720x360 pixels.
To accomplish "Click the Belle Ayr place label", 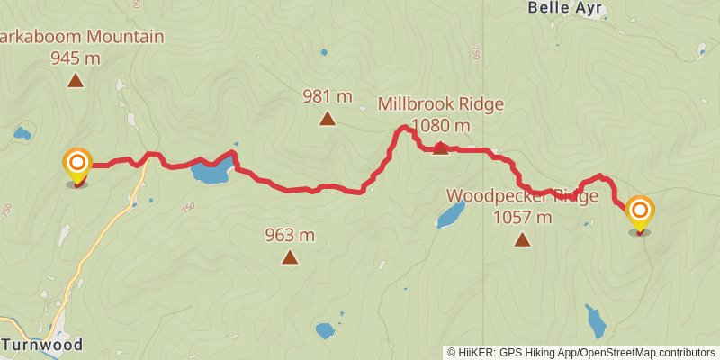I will pos(565,10).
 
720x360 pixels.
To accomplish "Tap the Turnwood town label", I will pos(42,345).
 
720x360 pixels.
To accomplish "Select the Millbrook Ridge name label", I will pos(440,104).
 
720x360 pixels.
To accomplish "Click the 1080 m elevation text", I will pos(440,125).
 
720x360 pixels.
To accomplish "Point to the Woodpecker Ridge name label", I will pos(522,196).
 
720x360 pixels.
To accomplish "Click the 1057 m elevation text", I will pos(523,217).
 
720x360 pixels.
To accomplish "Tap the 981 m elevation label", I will pos(327,96).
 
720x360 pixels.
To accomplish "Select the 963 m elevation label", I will pos(290,236).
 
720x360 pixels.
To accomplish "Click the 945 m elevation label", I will pos(76,58).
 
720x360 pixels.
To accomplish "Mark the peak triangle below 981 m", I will pos(328,118).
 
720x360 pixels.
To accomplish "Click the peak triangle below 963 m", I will pos(290,257).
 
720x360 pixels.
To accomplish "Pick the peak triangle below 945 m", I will pos(76,81).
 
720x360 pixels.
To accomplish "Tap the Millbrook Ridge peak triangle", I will pos(440,148).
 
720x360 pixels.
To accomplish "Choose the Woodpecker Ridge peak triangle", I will pos(522,239).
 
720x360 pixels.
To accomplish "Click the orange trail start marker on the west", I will pos(77,164).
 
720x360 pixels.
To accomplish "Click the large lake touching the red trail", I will pos(210,173).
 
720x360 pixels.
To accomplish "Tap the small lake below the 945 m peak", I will pos(22,135).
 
